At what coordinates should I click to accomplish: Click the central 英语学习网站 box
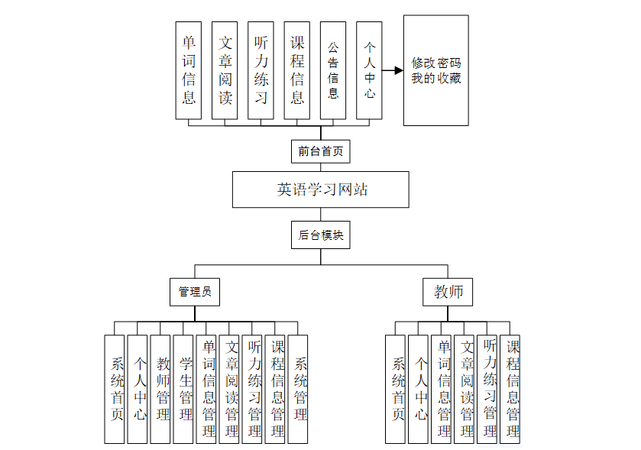[x=320, y=189]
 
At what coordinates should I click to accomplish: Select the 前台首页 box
[x=320, y=151]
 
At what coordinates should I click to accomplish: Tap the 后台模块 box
[x=320, y=235]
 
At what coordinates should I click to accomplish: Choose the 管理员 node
[x=194, y=292]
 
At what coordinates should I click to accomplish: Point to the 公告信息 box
[x=333, y=70]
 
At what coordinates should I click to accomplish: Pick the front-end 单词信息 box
[x=189, y=70]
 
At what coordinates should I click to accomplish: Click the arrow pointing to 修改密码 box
[x=392, y=71]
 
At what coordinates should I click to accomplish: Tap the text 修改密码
[x=435, y=63]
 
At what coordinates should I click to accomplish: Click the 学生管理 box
[x=183, y=389]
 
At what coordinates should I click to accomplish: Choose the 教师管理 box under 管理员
[x=160, y=389]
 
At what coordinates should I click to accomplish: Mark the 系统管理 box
[x=299, y=389]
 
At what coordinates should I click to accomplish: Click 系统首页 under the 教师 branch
[x=395, y=389]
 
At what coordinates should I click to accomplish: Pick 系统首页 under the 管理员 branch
[x=115, y=389]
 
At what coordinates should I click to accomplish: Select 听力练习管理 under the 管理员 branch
[x=252, y=389]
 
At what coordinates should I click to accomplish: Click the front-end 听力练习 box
[x=261, y=70]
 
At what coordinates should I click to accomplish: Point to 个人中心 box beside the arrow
[x=369, y=70]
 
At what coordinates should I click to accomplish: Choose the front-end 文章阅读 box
[x=225, y=70]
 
